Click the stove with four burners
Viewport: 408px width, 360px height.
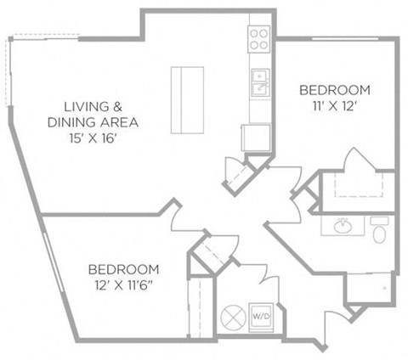tap(259, 39)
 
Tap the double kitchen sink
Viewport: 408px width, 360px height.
tap(260, 82)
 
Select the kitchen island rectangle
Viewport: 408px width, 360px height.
tap(187, 100)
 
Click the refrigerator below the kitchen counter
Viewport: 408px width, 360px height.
tap(256, 138)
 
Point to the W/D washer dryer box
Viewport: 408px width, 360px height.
tap(261, 318)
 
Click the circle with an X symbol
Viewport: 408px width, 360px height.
tap(233, 318)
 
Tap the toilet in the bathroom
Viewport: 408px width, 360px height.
tap(379, 230)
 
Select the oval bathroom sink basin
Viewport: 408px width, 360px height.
tap(343, 227)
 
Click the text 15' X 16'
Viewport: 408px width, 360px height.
tap(93, 138)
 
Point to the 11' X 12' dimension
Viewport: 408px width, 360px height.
tap(334, 106)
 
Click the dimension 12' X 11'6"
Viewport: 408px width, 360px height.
tap(123, 285)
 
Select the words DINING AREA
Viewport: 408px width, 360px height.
tap(93, 122)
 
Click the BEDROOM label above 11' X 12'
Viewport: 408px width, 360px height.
tap(335, 90)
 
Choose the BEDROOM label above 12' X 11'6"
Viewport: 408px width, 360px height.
tap(123, 269)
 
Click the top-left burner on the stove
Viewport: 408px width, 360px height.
tap(254, 34)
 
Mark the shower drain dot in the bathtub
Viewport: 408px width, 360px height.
tap(384, 288)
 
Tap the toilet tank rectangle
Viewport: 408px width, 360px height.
tap(379, 221)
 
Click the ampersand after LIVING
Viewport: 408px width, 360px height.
tap(117, 107)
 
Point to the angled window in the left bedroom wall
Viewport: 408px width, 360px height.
tap(54, 262)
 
